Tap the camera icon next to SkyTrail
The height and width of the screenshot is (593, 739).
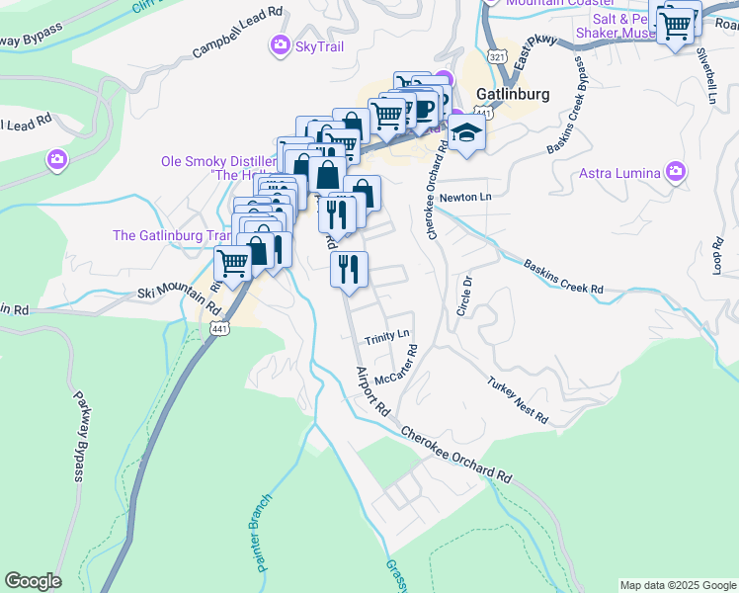click(280, 44)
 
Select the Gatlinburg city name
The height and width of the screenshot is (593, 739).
click(512, 95)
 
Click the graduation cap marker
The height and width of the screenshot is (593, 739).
click(466, 133)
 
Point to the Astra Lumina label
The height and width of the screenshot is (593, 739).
click(619, 173)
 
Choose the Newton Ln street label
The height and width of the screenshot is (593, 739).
click(465, 197)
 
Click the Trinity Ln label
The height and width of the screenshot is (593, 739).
click(386, 338)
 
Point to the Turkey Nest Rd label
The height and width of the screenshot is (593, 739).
click(517, 399)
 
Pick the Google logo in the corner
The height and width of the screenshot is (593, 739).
click(33, 581)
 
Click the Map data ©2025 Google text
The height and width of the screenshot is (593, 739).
click(678, 585)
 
